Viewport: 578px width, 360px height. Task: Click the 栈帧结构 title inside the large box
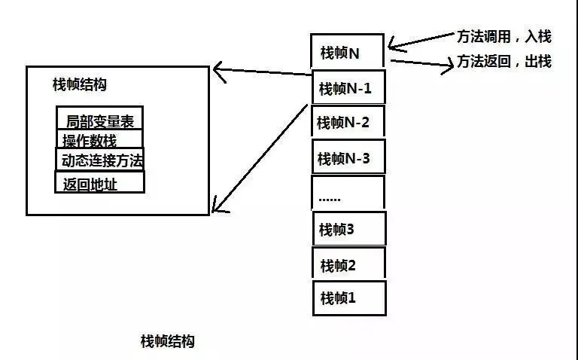click(79, 84)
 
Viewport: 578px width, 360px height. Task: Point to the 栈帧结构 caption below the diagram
click(167, 340)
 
